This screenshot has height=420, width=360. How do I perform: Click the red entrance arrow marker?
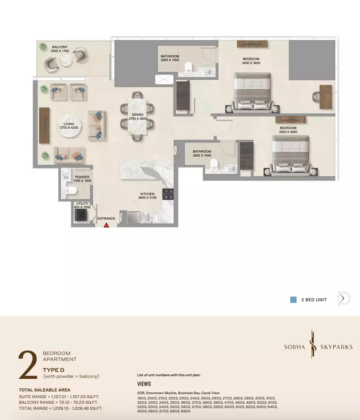point(106,225)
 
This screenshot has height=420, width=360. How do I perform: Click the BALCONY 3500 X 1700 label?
point(59,49)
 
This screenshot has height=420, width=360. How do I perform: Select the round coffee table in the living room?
point(69,125)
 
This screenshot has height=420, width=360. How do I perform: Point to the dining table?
point(137,116)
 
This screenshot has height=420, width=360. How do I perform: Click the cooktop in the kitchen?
point(168,194)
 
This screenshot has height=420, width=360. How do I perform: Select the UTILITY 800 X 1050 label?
point(82,205)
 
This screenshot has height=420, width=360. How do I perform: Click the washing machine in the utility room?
point(81,215)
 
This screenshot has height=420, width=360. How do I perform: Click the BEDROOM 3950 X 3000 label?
point(288,130)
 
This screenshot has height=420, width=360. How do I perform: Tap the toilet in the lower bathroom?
point(214,164)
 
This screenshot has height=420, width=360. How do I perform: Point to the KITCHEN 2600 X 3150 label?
point(147,196)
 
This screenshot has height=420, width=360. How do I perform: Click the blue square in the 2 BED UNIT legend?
point(293,300)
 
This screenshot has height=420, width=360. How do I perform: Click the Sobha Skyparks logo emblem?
point(313,347)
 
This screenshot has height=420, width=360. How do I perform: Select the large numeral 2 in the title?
point(28,365)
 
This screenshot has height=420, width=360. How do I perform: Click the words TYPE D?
point(53,370)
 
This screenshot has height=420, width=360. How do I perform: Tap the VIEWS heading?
point(144,384)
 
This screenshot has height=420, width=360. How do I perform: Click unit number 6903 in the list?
point(186,411)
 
